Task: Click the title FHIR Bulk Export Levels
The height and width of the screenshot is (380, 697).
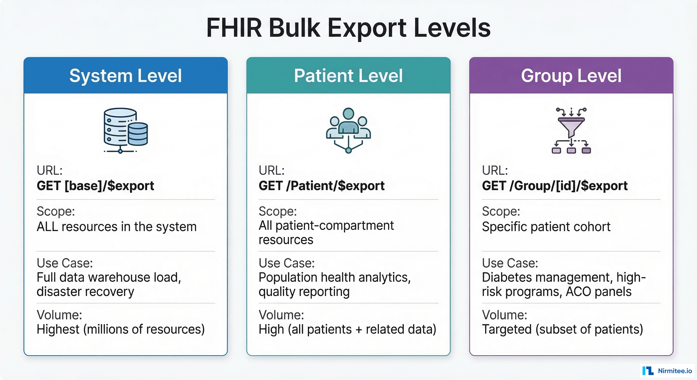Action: click(348, 28)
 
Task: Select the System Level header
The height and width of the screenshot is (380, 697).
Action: click(125, 76)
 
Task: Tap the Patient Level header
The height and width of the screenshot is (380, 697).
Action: click(348, 76)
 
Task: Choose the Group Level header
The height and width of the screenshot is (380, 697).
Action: click(571, 76)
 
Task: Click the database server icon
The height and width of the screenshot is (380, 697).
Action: click(125, 130)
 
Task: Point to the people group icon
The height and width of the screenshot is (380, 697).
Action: click(348, 130)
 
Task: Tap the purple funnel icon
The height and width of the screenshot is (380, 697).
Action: click(571, 130)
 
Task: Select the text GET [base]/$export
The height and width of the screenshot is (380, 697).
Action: click(95, 186)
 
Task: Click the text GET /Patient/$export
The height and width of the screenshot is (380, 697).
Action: click(321, 186)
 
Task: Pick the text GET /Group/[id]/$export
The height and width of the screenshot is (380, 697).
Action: click(554, 186)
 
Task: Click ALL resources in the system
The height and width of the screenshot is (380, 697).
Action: click(116, 227)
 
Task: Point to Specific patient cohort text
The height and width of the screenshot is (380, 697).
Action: click(546, 227)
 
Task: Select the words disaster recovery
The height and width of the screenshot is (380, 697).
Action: click(85, 292)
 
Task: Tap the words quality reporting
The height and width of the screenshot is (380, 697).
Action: click(304, 292)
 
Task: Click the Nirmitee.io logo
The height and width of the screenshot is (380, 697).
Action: click(667, 371)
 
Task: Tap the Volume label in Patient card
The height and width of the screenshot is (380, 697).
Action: click(281, 315)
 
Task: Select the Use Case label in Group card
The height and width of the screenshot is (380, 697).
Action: click(510, 263)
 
